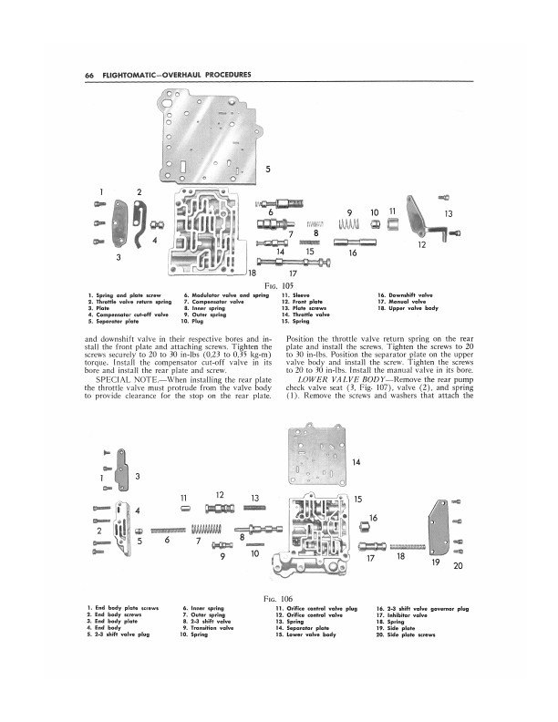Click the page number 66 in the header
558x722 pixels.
[89, 75]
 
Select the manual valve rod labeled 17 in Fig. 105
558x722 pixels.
[294, 263]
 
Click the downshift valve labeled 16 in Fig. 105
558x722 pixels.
[355, 242]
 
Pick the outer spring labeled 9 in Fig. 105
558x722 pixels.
[348, 224]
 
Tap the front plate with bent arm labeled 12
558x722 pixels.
[424, 219]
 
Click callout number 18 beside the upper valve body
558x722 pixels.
[252, 273]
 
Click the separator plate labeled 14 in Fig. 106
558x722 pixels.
[316, 456]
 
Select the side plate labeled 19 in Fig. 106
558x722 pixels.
[439, 528]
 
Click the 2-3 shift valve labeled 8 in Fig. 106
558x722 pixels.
[258, 529]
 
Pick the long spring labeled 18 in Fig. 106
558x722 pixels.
[408, 547]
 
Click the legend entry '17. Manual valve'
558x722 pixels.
[401, 302]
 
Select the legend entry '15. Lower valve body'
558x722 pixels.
[305, 634]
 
